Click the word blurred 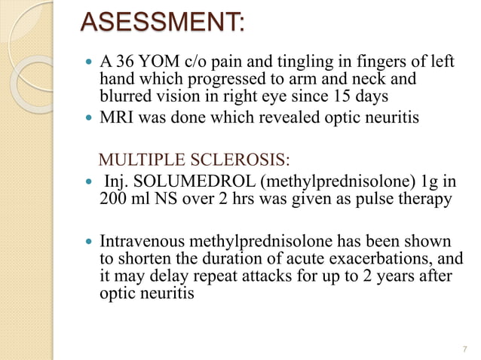tap(124, 96)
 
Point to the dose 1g tap(426, 183)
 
